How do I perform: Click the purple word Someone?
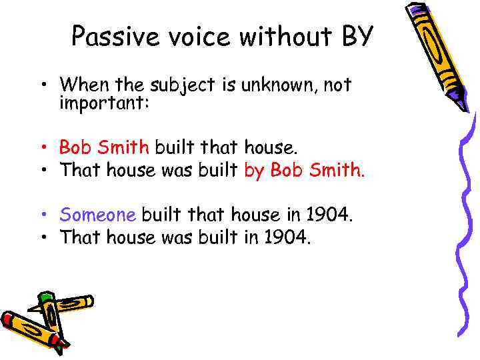coord(98,215)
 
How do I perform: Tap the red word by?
coord(255,171)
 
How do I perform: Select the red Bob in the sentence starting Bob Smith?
coord(73,146)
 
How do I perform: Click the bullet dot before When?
coord(42,86)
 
